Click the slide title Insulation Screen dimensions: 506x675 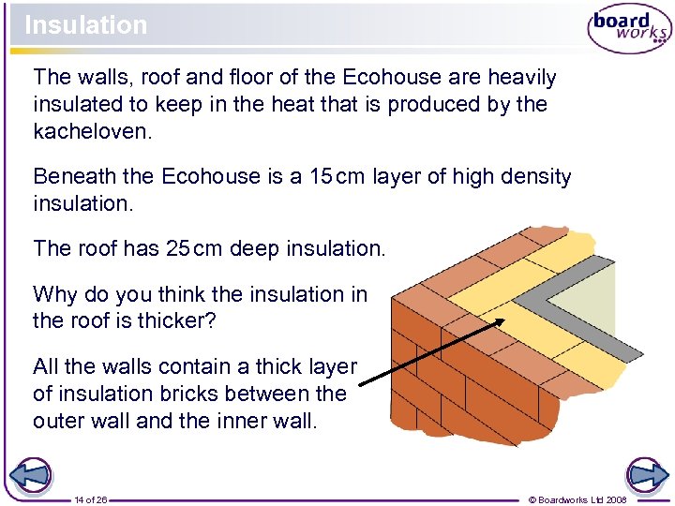86,25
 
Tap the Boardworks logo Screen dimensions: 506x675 628,29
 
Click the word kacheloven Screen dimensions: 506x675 90,131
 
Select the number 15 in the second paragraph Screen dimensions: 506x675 322,176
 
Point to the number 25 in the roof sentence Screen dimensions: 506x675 178,248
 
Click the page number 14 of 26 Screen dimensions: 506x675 91,499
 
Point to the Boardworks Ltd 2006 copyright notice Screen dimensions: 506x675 577,499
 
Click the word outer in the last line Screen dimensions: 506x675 59,421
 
